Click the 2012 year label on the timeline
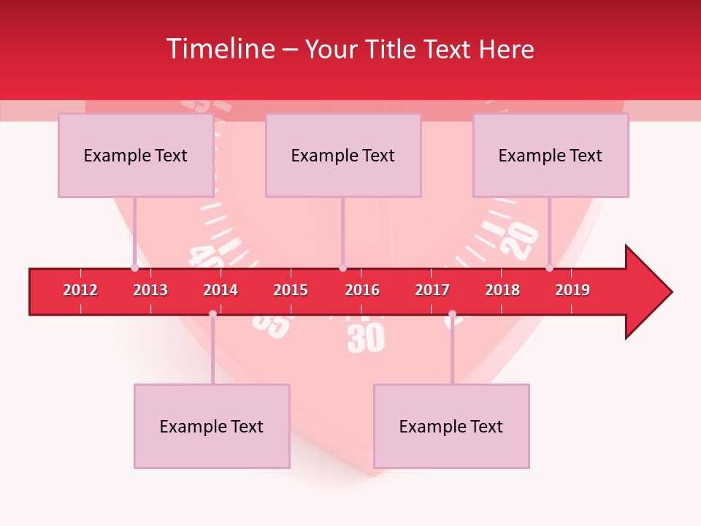(x=80, y=290)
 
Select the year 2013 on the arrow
(x=150, y=290)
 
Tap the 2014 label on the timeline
(x=221, y=290)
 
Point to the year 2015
(x=291, y=290)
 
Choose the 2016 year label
(x=362, y=290)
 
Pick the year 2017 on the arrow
(x=432, y=290)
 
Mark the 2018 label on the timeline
(x=502, y=290)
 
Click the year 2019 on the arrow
(x=572, y=290)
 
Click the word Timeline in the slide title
(x=221, y=49)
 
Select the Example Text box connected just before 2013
(x=136, y=155)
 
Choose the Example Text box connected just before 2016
(x=343, y=155)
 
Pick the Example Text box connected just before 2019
(x=551, y=155)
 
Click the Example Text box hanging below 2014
(x=212, y=426)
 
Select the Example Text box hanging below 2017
(x=451, y=426)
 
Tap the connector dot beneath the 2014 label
(x=212, y=314)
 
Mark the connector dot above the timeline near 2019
(x=550, y=268)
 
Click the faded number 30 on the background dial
(x=366, y=338)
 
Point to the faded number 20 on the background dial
(x=523, y=241)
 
